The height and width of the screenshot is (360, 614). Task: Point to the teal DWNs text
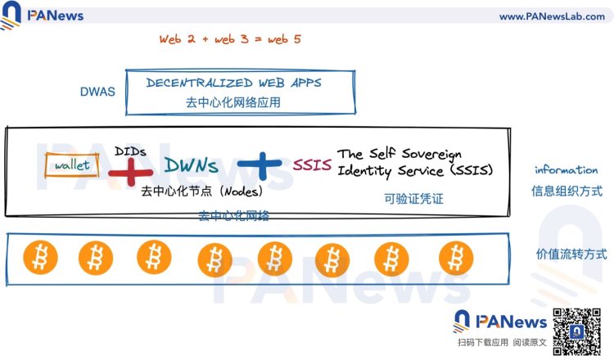click(x=191, y=166)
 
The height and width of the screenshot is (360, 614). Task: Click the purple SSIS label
click(x=312, y=165)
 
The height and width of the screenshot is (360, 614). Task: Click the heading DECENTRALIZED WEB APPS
click(x=233, y=83)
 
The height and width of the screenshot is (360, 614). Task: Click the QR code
click(x=576, y=329)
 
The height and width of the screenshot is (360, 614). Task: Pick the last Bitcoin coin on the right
click(x=456, y=257)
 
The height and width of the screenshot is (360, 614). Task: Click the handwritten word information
click(x=566, y=170)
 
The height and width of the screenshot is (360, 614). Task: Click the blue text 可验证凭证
click(x=412, y=197)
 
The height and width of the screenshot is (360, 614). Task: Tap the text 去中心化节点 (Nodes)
click(x=201, y=192)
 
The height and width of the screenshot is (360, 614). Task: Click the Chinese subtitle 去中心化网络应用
click(x=233, y=103)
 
